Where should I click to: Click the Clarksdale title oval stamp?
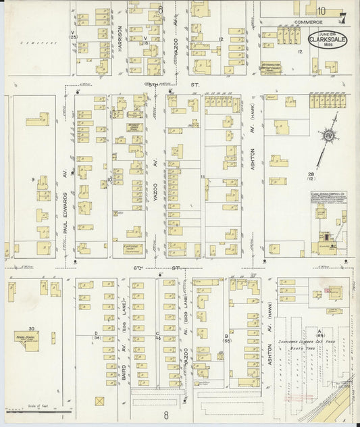click(328, 40)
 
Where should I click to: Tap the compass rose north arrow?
click(329, 134)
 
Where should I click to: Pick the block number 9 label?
click(32, 180)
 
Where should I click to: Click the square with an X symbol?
click(100, 401)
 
